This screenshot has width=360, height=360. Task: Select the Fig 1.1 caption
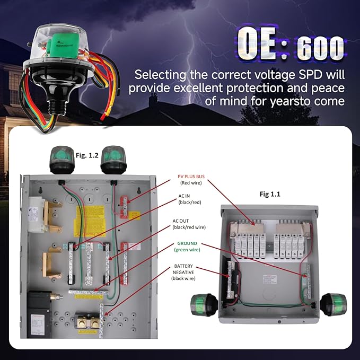click(270, 195)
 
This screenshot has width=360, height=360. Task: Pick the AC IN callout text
click(184, 196)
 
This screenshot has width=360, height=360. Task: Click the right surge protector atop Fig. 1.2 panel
click(113, 159)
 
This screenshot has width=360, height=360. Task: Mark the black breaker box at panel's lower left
click(39, 316)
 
